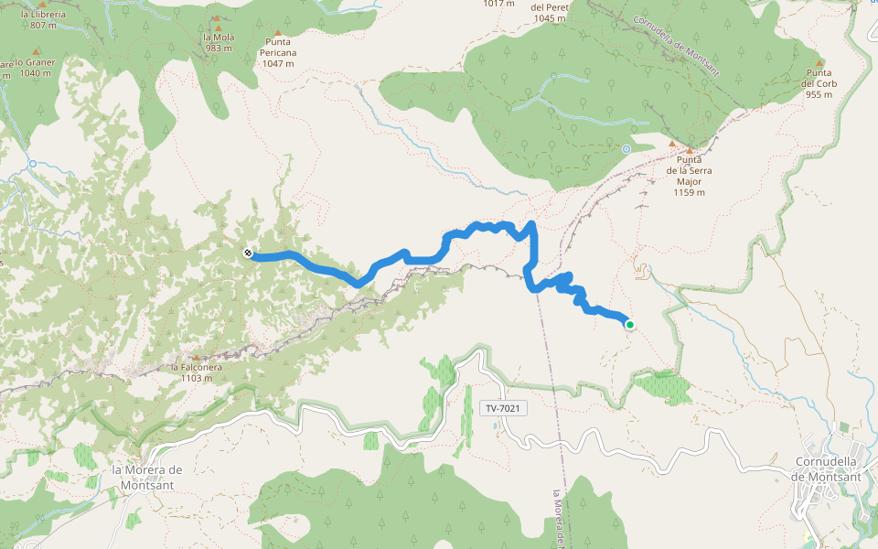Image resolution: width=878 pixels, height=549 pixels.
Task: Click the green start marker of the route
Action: click(629, 323)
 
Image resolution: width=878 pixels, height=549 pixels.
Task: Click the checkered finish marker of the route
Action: click(248, 253)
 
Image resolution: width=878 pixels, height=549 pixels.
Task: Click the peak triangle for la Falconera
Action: click(196, 358)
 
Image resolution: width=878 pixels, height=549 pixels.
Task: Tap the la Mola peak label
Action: click(217, 38)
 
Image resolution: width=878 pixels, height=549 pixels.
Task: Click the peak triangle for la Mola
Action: click(217, 17)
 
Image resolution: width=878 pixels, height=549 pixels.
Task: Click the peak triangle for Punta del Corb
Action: click(819, 62)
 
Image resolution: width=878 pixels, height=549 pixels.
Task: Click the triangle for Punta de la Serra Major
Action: click(691, 150)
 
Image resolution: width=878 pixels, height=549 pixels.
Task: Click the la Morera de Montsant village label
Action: click(147, 476)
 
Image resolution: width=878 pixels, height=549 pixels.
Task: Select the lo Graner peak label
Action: click(37, 62)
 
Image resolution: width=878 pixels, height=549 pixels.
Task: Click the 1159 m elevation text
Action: click(690, 193)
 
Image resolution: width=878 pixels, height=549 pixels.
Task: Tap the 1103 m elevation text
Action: click(197, 377)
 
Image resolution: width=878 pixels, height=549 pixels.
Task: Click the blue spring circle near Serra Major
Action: click(626, 148)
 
